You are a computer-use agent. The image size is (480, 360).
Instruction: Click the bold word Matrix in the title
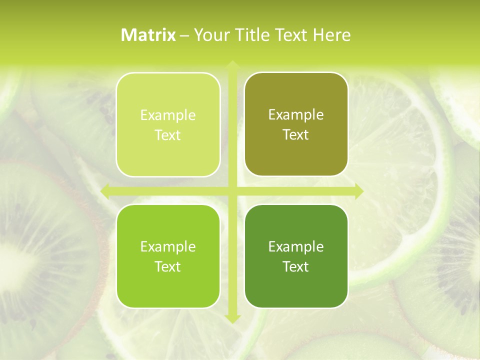click(148, 35)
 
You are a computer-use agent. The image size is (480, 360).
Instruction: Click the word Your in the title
click(209, 35)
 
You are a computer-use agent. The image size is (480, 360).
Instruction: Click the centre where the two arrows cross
click(232, 191)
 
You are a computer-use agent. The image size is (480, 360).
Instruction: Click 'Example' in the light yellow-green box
click(168, 115)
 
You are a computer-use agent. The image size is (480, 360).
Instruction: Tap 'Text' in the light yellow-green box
click(168, 135)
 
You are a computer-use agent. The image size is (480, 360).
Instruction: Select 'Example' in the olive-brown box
click(296, 115)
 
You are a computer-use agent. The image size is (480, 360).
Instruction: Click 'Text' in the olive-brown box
click(296, 135)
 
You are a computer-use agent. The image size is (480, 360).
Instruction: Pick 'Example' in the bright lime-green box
click(168, 247)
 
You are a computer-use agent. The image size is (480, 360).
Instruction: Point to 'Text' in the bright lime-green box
click(168, 267)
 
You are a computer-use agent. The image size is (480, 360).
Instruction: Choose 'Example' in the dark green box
click(296, 247)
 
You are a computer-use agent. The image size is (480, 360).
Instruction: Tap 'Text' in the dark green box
click(296, 267)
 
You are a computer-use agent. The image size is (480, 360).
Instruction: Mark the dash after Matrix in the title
click(184, 35)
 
